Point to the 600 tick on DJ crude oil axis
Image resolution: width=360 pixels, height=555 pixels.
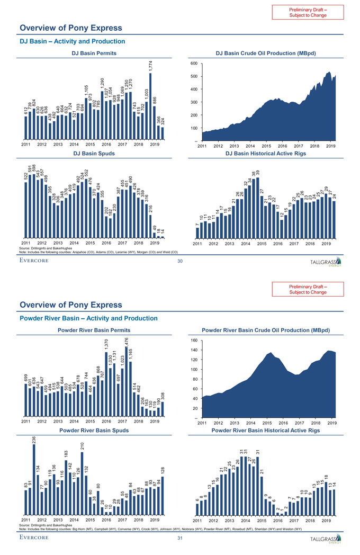point(194,64)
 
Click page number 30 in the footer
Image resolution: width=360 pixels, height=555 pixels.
point(180,261)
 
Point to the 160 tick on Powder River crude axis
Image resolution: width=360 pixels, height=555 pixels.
point(194,341)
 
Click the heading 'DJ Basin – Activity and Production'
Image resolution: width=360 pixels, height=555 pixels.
point(72,41)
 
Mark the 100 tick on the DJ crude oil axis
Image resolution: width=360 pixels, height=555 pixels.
point(194,128)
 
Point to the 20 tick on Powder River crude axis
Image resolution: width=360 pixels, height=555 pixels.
point(195,408)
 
